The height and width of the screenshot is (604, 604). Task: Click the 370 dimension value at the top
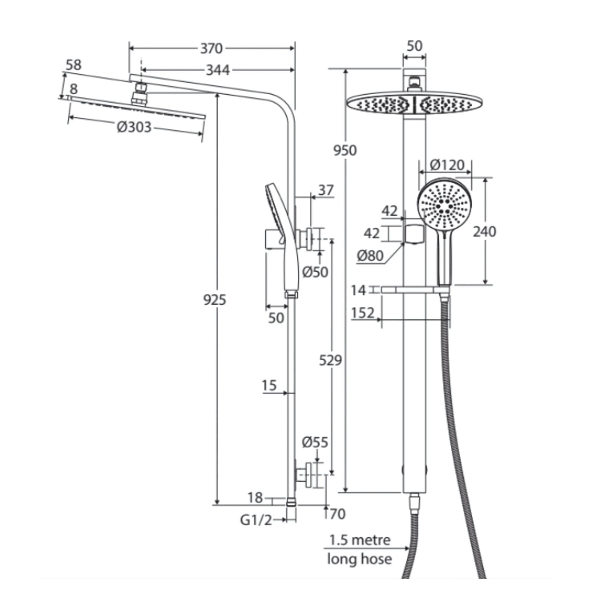click(211, 48)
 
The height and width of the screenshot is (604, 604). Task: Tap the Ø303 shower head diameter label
click(134, 127)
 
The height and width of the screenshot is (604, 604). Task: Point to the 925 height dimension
click(214, 300)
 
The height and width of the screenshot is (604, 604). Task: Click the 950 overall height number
click(345, 151)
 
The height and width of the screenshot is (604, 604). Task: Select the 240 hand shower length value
click(484, 232)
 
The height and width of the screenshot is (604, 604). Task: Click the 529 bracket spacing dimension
click(330, 360)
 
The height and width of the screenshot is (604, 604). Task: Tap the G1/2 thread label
click(256, 520)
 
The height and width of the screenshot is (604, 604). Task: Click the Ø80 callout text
click(370, 256)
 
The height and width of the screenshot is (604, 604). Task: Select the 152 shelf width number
click(363, 313)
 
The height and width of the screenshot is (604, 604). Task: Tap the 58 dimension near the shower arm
click(73, 65)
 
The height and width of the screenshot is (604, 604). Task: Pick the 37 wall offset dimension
click(326, 190)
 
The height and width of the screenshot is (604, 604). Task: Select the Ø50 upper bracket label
click(315, 272)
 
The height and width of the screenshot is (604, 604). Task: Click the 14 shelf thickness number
click(358, 290)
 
